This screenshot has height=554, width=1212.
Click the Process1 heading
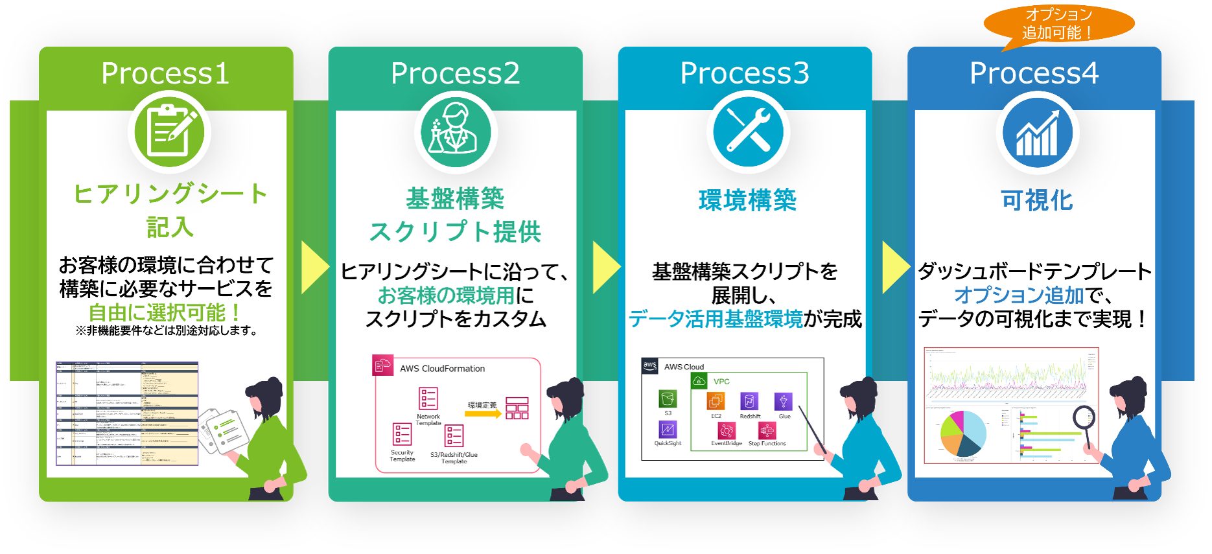(x=165, y=73)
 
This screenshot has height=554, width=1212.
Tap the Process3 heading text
(x=745, y=73)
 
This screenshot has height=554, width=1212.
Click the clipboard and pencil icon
(x=170, y=132)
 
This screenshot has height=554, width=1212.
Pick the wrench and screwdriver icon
(x=748, y=132)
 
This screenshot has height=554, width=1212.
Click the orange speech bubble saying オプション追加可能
(x=1058, y=24)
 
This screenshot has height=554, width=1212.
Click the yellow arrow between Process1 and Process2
(x=315, y=267)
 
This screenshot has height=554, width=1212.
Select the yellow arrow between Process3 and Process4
(x=896, y=267)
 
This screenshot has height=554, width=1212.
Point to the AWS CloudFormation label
(x=442, y=369)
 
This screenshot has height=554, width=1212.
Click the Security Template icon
(x=402, y=434)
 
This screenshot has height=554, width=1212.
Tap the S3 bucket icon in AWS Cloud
(x=668, y=398)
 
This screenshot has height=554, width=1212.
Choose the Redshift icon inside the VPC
(x=749, y=401)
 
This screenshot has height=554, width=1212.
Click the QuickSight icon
(x=668, y=429)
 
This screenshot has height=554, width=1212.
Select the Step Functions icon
(x=767, y=431)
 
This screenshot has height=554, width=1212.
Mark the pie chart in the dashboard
(x=963, y=433)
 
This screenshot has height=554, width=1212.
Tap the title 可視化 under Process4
(x=1037, y=200)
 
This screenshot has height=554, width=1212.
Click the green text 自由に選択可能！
(x=165, y=313)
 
